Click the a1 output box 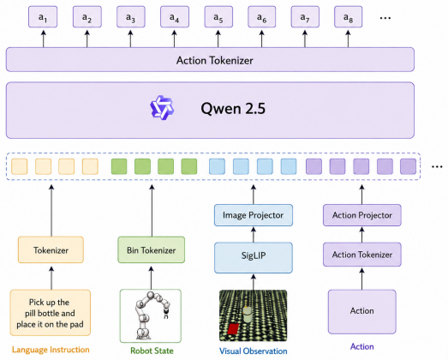point(43,17)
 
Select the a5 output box point(218,17)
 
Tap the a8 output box point(349,17)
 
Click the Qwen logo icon point(162,108)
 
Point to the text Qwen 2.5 point(233,109)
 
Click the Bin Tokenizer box point(152,250)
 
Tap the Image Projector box point(254,215)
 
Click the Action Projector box point(362,215)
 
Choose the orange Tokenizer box point(51,250)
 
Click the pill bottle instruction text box point(51,313)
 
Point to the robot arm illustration point(151,315)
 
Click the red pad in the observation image point(234,328)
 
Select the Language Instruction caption point(51,350)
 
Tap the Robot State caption point(152,351)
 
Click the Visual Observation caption point(254,351)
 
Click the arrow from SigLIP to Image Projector point(254,235)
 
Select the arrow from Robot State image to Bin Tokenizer point(152,278)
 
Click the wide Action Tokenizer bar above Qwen point(210,60)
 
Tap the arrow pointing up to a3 point(130,39)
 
